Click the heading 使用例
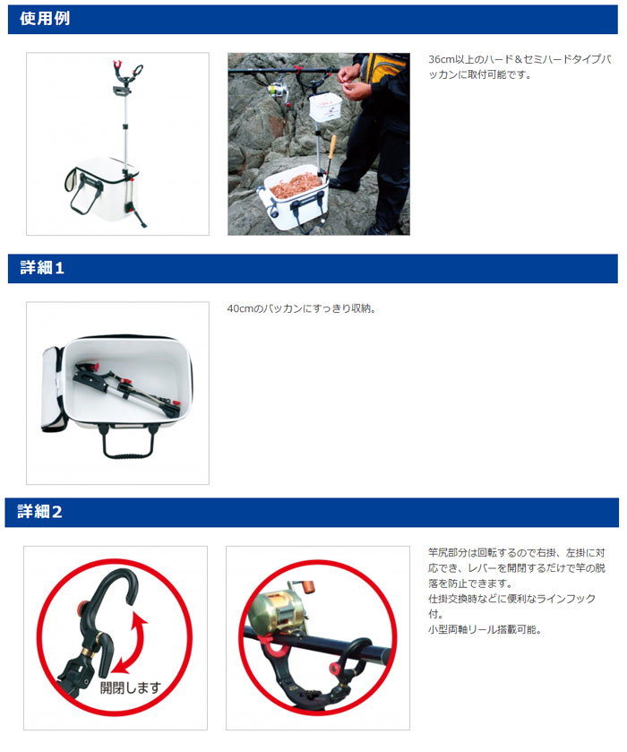tap(45, 19)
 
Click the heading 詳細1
tap(42, 268)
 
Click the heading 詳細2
tap(39, 512)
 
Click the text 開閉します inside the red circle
tap(131, 687)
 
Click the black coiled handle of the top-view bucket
tap(128, 444)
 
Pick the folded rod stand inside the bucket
tap(126, 388)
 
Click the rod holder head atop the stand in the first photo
tap(126, 77)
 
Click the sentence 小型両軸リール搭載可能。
tap(485, 629)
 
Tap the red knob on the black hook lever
tap(82, 608)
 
